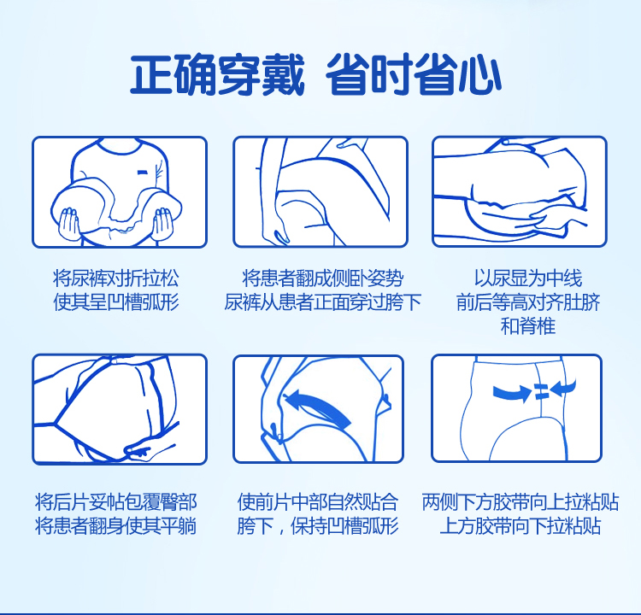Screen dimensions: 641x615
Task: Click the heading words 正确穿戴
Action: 217,75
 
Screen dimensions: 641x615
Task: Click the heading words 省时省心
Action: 414,75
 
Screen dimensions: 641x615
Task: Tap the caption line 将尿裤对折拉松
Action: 116,278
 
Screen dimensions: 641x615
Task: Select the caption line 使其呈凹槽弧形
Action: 116,302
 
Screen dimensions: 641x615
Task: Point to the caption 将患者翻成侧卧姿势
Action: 323,278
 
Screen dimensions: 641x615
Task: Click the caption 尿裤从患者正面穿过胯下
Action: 323,302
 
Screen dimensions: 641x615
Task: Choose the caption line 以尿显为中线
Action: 528,278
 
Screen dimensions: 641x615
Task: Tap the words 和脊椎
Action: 528,326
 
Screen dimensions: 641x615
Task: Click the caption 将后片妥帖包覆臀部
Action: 116,501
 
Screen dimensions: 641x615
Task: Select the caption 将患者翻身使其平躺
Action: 116,526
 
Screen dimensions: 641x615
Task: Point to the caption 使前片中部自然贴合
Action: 318,501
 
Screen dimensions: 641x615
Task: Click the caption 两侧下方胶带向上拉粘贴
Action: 520,501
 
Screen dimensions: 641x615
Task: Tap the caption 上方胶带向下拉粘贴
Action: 520,526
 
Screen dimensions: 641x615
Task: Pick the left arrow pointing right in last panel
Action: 512,392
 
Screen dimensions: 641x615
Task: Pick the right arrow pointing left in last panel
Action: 563,388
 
